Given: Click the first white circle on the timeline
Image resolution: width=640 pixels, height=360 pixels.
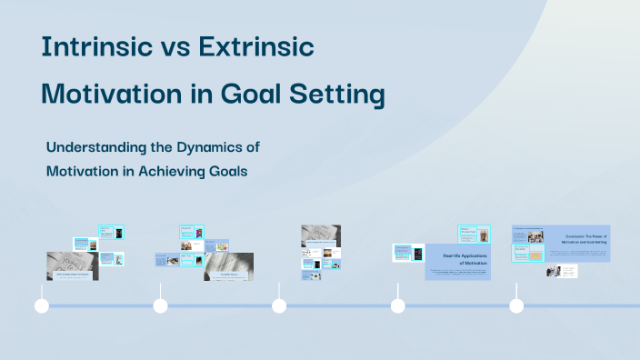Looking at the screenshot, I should pos(41,305).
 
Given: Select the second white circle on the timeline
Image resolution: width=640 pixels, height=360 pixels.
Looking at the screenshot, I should pos(160,305).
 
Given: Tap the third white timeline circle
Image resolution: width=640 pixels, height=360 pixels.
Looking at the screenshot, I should pos(279,305).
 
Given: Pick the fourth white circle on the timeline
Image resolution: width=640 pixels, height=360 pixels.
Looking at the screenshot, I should pos(397,305).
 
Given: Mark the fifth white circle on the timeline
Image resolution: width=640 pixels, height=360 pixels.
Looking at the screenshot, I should pos(516,305).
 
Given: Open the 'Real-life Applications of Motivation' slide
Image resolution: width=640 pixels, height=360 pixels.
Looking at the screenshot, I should pos(458,262).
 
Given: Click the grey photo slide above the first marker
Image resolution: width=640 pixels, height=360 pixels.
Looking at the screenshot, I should pos(73,265).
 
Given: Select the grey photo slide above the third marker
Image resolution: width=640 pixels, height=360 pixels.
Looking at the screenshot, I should pos(321,235).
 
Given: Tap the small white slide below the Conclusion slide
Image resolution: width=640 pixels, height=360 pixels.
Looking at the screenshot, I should pos(562,271).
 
